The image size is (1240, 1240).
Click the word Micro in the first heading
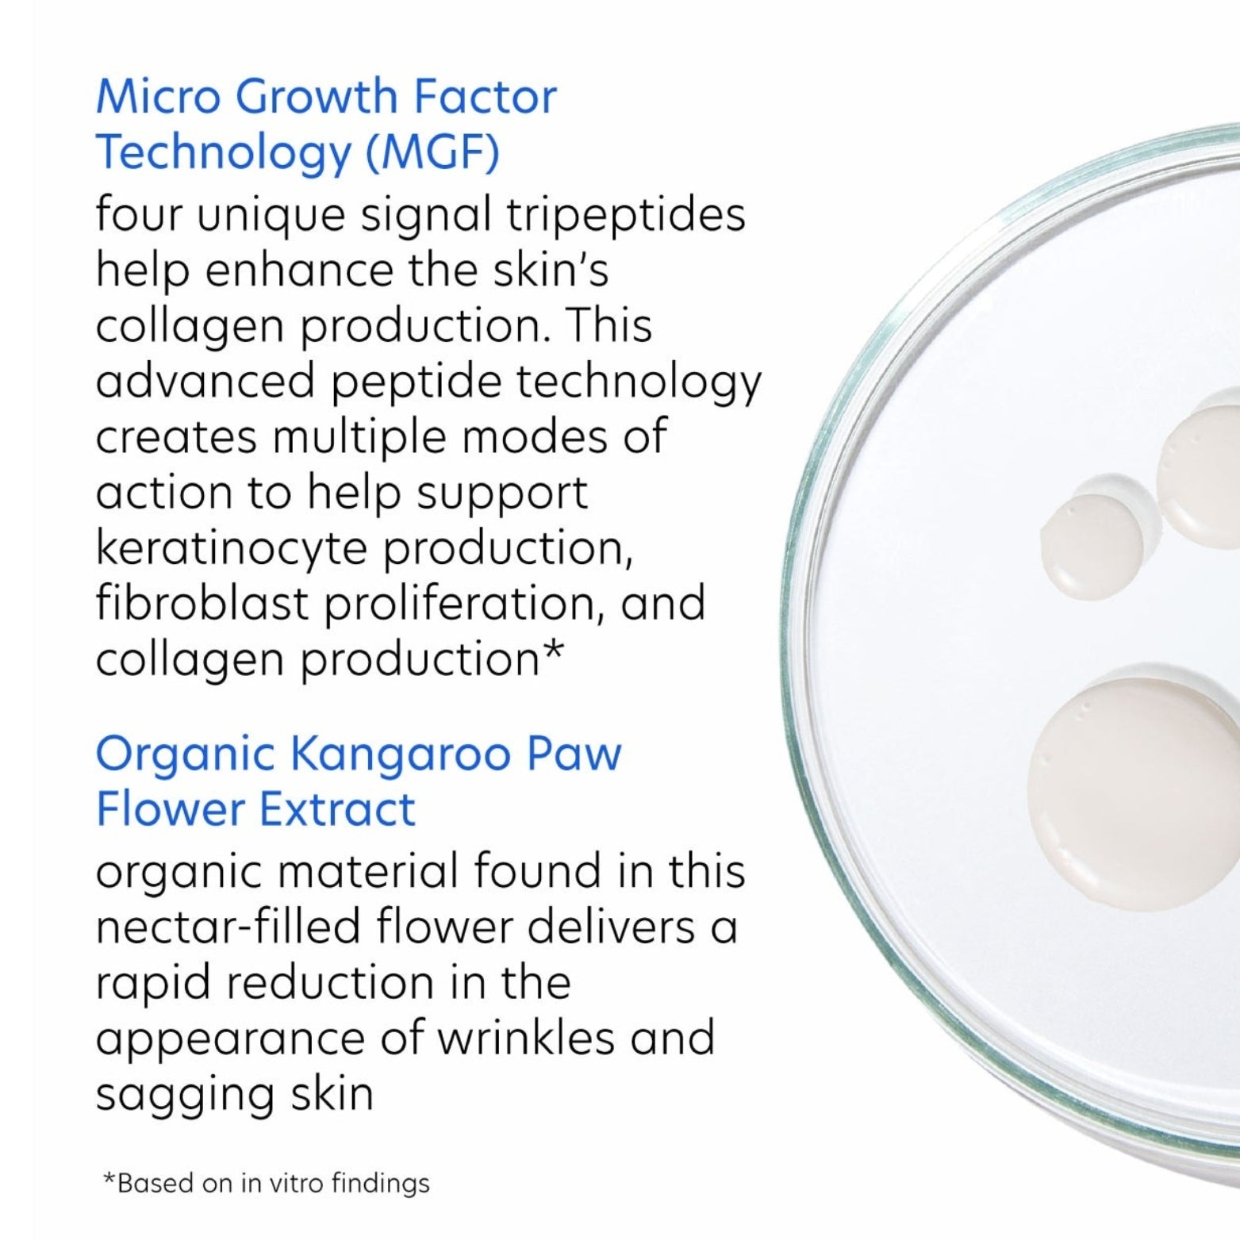pyautogui.click(x=155, y=97)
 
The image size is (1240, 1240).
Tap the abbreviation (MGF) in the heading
pyautogui.click(x=432, y=152)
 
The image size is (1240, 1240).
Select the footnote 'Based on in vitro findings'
pyautogui.click(x=267, y=1183)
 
